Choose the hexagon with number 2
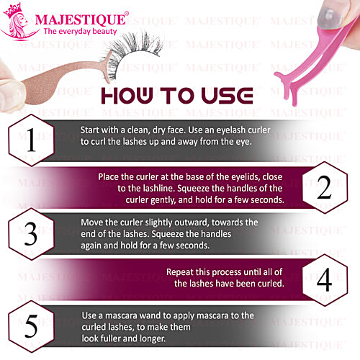coord(324,188)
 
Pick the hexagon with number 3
coord(30,235)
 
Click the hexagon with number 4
coord(324,279)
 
